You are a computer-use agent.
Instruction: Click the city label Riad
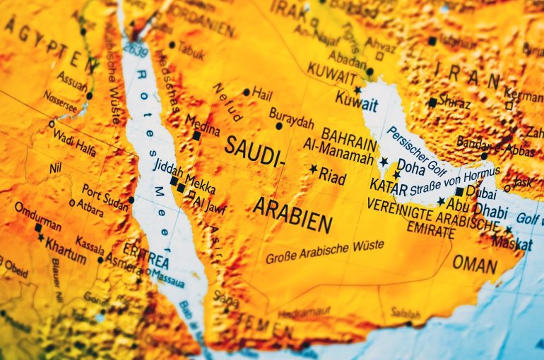pyautogui.click(x=333, y=176)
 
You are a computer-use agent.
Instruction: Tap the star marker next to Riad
pyautogui.click(x=314, y=169)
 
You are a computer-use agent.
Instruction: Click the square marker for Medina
pyautogui.click(x=196, y=136)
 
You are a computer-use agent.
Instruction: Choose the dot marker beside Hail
pyautogui.click(x=246, y=92)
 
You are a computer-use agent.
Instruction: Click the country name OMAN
pyautogui.click(x=474, y=263)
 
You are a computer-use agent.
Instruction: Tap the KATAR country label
pyautogui.click(x=389, y=188)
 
